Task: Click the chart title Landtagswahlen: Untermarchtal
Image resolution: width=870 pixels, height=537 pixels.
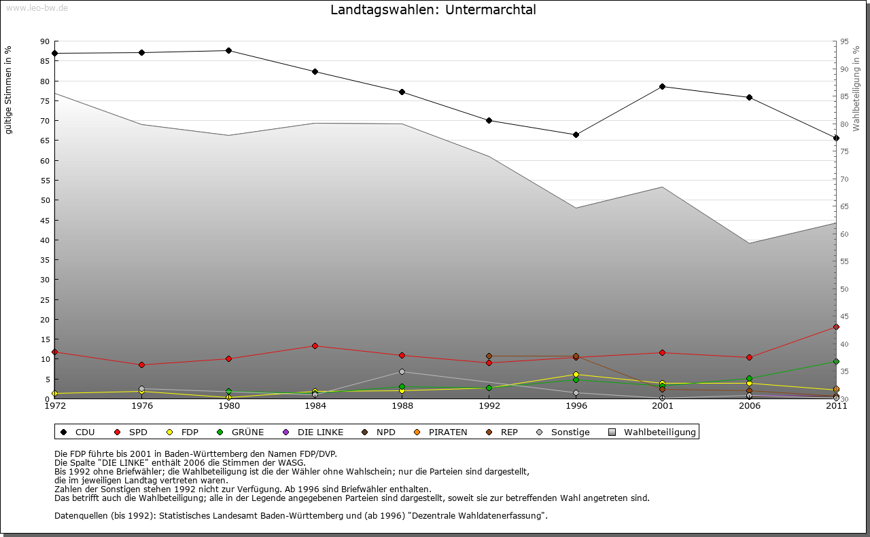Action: click(433, 10)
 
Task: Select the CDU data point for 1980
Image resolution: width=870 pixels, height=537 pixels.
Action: click(228, 50)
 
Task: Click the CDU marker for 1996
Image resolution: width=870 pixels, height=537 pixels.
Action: click(576, 134)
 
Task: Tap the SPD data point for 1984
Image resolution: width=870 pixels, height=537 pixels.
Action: click(315, 346)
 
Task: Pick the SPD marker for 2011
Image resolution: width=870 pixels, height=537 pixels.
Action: click(836, 327)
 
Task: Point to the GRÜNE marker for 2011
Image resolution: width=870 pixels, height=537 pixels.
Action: click(836, 362)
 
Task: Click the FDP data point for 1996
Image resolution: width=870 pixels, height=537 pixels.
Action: click(576, 375)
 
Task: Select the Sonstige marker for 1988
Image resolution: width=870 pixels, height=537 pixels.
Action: click(402, 371)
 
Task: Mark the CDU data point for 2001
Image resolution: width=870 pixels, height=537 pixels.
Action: click(662, 86)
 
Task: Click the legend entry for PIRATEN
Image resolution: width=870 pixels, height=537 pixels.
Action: click(442, 432)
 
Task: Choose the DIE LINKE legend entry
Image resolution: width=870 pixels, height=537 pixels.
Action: click(315, 432)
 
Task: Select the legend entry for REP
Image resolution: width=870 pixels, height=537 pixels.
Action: click(502, 432)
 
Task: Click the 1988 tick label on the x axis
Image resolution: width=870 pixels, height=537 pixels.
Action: click(402, 406)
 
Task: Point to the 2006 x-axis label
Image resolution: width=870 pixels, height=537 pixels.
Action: click(749, 406)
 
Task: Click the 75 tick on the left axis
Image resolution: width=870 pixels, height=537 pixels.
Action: click(45, 101)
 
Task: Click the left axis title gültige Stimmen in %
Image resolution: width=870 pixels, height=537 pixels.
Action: click(8, 90)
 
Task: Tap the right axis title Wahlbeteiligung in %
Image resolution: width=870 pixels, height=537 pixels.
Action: click(856, 89)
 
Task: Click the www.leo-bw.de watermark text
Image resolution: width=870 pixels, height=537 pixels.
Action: click(37, 7)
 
